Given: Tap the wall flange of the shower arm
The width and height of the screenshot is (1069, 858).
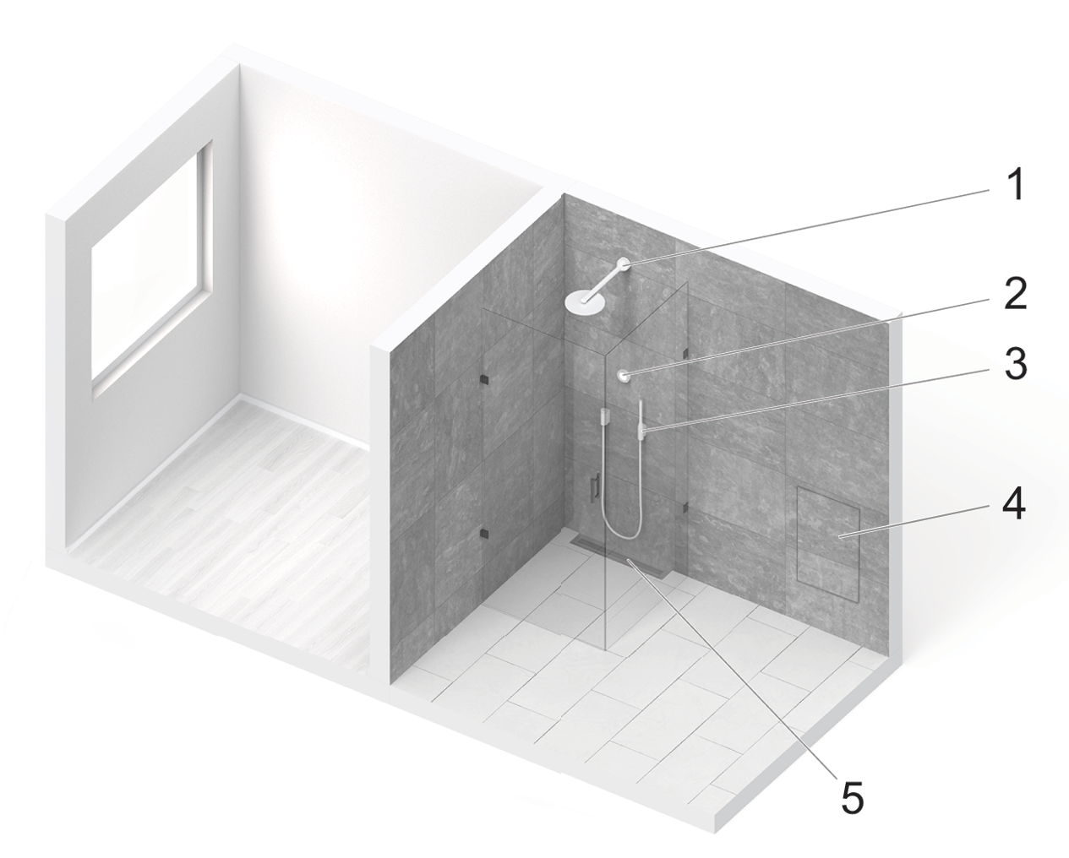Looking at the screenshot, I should tap(624, 263).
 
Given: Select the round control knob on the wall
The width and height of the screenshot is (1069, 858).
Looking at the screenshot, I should tap(624, 376).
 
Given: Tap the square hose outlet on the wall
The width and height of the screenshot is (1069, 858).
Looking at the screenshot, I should tap(605, 415).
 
